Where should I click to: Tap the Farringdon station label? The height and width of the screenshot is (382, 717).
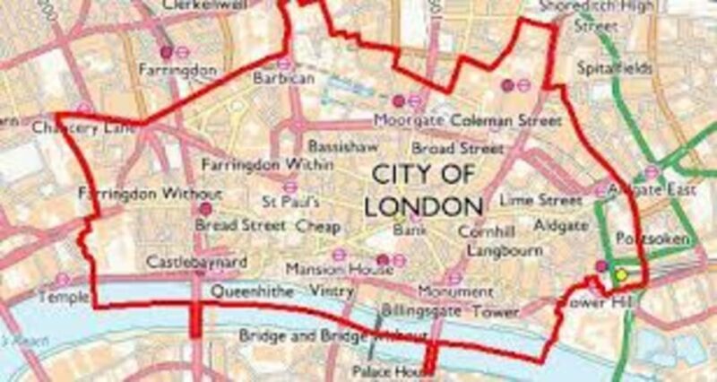click(167, 68)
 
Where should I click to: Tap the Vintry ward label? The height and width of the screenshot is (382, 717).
click(332, 291)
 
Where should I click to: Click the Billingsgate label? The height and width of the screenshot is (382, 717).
click(421, 310)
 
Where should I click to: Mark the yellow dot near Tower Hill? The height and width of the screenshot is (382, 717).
click(621, 275)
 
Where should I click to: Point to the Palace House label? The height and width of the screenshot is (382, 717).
click(383, 369)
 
